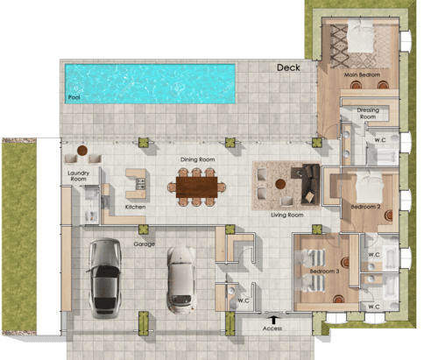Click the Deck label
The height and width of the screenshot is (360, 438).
[x=288, y=67]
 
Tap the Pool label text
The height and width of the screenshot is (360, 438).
[x=74, y=96]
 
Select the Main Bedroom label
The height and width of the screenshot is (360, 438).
[x=362, y=75]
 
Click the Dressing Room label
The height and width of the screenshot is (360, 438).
[x=368, y=113]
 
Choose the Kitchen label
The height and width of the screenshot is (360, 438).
[x=135, y=207]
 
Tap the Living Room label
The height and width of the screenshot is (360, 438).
[x=286, y=215]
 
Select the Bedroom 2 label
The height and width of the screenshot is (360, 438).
[x=365, y=207]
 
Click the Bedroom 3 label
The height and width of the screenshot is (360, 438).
[x=324, y=272]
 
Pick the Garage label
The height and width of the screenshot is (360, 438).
[x=144, y=244]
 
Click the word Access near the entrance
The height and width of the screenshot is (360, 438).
[x=272, y=328]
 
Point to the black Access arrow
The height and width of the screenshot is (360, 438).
[x=273, y=319]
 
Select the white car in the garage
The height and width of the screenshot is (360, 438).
[x=180, y=276]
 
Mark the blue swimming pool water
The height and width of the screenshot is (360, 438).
[x=149, y=81]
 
